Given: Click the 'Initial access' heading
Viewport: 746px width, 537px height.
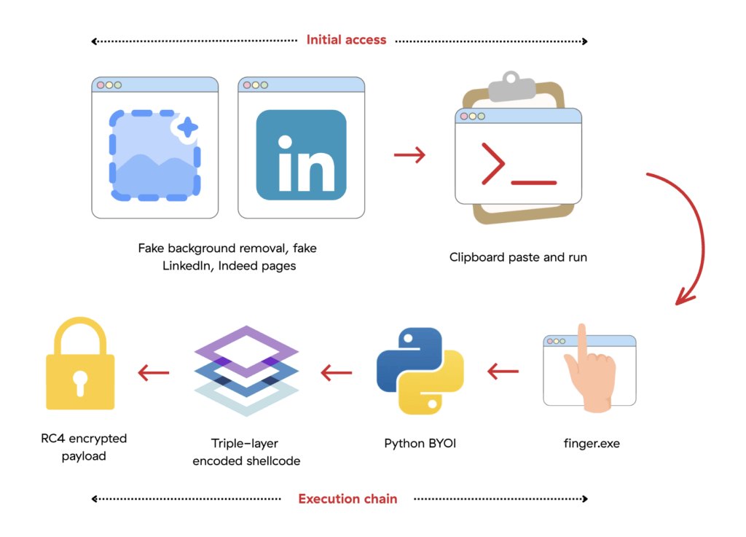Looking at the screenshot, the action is pyautogui.click(x=346, y=40).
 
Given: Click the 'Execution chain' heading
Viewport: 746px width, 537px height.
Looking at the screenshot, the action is pyautogui.click(x=348, y=499).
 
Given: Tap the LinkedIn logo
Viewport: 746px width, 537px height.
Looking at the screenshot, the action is pyautogui.click(x=301, y=155).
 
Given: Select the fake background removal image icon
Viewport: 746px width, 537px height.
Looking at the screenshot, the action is pyautogui.click(x=154, y=155).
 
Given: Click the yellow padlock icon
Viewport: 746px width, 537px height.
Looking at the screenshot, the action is pyautogui.click(x=80, y=364).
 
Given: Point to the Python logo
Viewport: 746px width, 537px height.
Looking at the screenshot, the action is pyautogui.click(x=420, y=371).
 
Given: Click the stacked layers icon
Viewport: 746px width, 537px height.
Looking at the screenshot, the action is pyautogui.click(x=246, y=371).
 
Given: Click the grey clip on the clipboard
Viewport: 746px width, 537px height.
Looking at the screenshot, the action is pyautogui.click(x=512, y=86).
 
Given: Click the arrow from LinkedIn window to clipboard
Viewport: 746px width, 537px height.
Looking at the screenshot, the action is pyautogui.click(x=409, y=154).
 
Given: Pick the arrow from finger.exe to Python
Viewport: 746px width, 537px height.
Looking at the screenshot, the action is pyautogui.click(x=503, y=372).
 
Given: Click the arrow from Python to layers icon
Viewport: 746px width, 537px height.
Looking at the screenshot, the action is pyautogui.click(x=337, y=372).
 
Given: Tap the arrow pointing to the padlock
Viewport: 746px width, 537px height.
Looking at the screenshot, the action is pyautogui.click(x=153, y=372).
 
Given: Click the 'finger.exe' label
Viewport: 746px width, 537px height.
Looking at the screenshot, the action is pyautogui.click(x=592, y=443).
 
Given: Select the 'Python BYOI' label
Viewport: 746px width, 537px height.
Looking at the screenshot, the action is pyautogui.click(x=420, y=443).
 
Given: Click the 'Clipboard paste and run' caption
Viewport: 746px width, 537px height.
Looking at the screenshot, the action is pyautogui.click(x=518, y=257).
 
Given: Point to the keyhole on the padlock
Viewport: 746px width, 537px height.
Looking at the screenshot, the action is pyautogui.click(x=80, y=383).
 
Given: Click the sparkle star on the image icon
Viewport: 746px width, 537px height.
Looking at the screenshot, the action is pyautogui.click(x=187, y=127).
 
